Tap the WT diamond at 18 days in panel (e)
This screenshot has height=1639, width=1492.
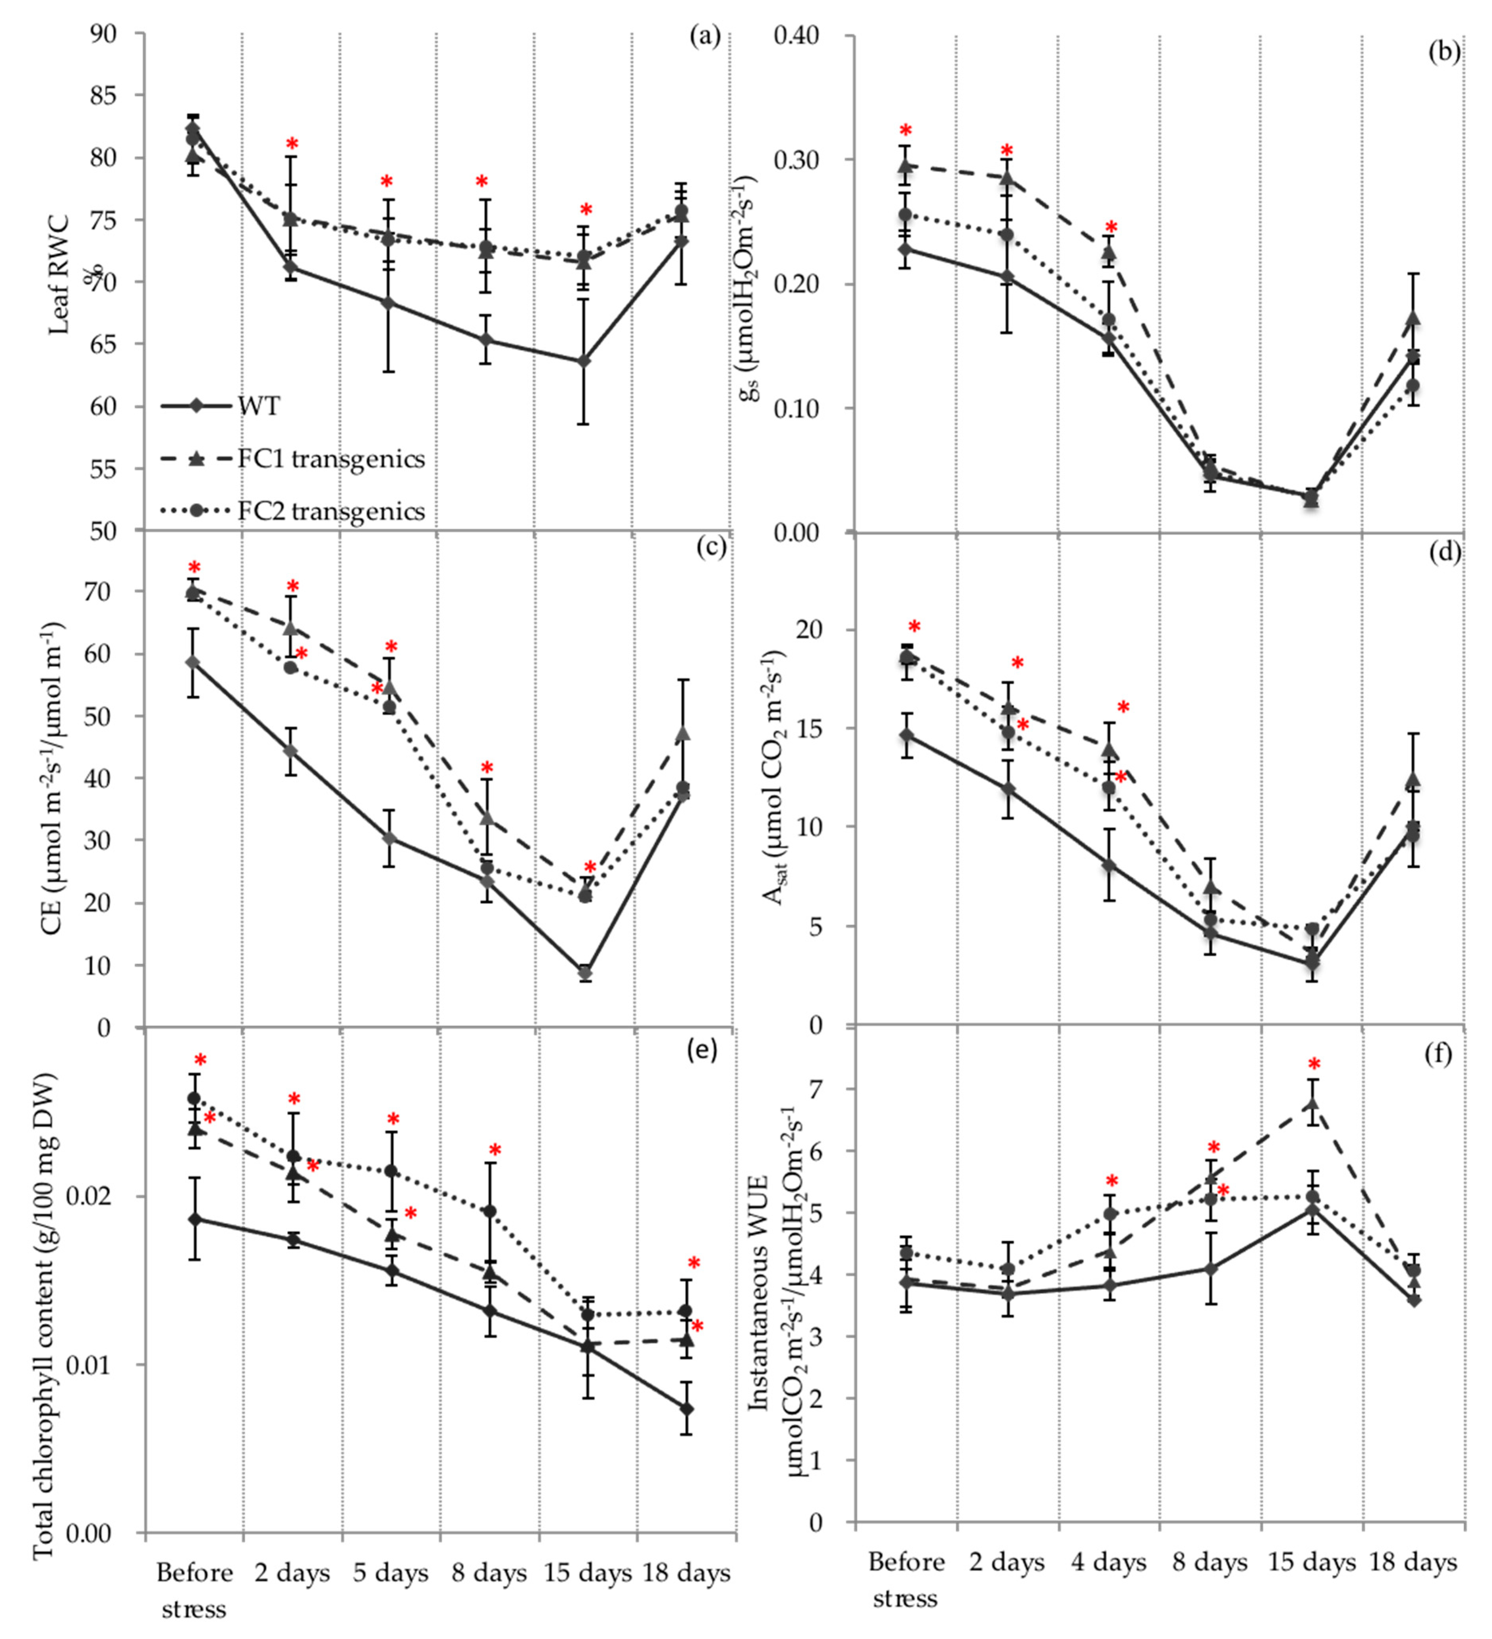point(686,1408)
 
